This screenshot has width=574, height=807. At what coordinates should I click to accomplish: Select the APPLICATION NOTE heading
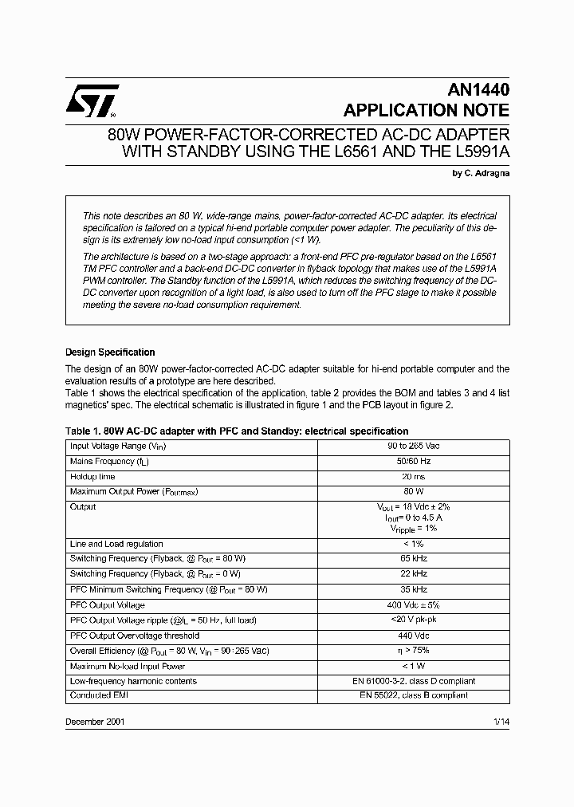tap(426, 111)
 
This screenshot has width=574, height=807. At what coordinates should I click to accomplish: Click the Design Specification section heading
tap(110, 352)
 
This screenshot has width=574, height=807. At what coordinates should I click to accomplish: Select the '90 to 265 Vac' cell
tap(413, 447)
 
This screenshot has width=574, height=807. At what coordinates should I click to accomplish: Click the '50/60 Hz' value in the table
tap(413, 461)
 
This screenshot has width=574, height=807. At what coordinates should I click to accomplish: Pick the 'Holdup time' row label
tap(92, 476)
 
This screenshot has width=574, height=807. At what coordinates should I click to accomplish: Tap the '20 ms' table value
tap(413, 476)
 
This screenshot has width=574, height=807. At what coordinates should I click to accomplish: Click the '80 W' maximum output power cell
tap(413, 491)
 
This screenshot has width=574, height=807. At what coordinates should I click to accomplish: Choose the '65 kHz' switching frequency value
tap(413, 559)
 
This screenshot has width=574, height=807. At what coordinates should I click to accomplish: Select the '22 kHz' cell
tap(413, 574)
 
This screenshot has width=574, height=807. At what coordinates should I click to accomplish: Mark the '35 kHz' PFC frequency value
tap(413, 589)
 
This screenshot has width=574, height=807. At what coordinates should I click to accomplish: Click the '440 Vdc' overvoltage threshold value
tap(413, 636)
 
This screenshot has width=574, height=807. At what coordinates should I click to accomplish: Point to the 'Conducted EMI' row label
tap(99, 695)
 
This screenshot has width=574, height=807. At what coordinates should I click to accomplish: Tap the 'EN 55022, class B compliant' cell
tap(413, 695)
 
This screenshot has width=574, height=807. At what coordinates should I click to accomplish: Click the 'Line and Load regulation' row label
tap(116, 544)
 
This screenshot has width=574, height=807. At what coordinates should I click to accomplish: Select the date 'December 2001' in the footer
tap(94, 722)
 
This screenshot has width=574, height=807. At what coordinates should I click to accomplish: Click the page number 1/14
tap(500, 722)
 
